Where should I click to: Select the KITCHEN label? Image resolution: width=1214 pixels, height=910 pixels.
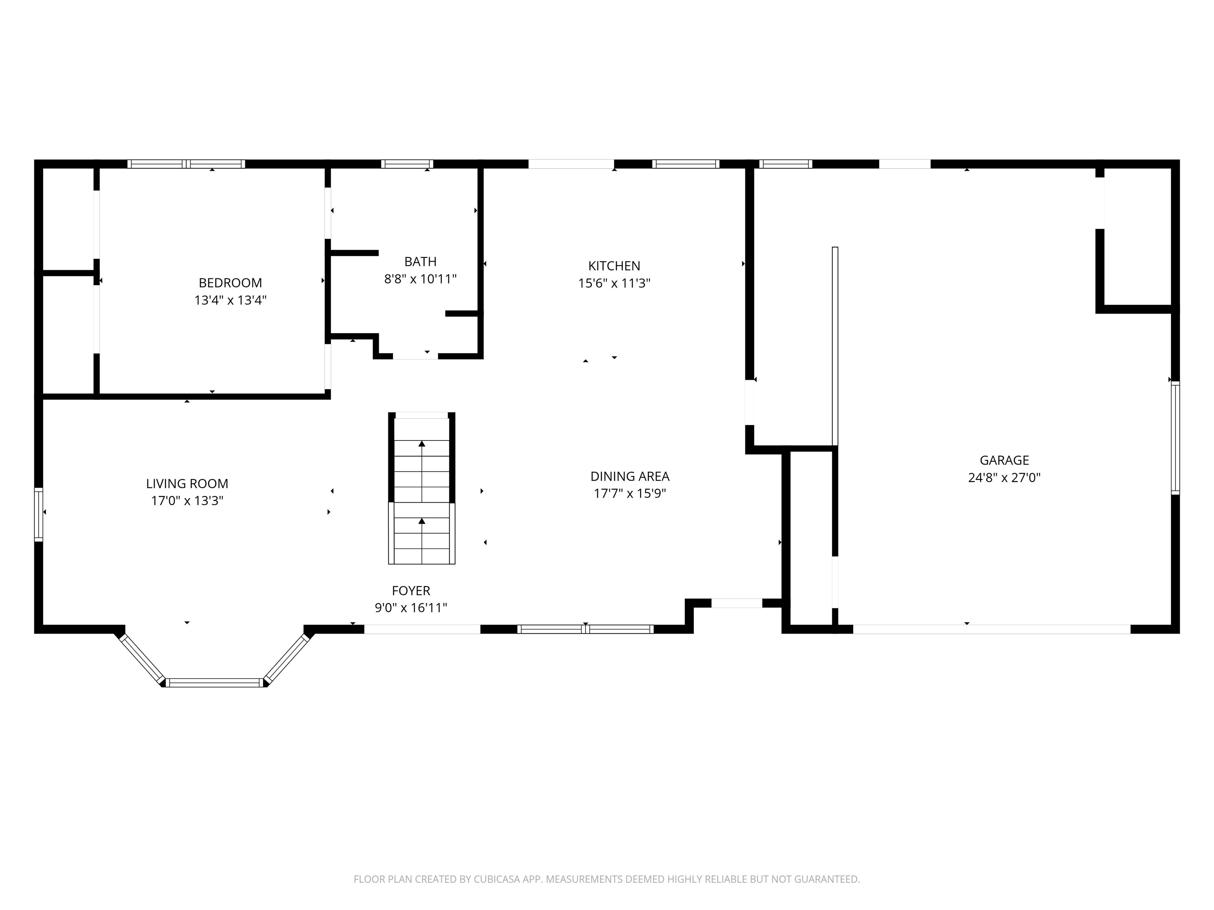(614, 266)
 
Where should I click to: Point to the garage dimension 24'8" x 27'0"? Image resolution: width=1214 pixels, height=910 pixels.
(1004, 478)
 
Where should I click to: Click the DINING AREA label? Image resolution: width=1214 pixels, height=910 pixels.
(630, 476)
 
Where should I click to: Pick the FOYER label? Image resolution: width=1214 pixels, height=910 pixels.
(411, 591)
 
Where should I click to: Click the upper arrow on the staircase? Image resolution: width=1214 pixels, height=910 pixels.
(422, 444)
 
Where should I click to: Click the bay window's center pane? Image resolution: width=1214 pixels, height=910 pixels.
(215, 682)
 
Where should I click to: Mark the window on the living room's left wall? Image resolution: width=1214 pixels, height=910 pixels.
(38, 515)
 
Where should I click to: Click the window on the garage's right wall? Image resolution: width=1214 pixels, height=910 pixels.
(1175, 437)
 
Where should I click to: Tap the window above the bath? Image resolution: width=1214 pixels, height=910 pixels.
(407, 164)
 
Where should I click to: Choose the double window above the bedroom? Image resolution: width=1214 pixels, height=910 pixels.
(186, 164)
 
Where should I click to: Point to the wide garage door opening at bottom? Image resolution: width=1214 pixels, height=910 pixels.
(991, 629)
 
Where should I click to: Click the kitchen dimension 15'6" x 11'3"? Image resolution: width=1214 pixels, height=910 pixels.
(614, 284)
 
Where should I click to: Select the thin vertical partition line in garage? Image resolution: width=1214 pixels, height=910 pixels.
(835, 346)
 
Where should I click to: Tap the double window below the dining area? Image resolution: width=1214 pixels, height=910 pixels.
(585, 629)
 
